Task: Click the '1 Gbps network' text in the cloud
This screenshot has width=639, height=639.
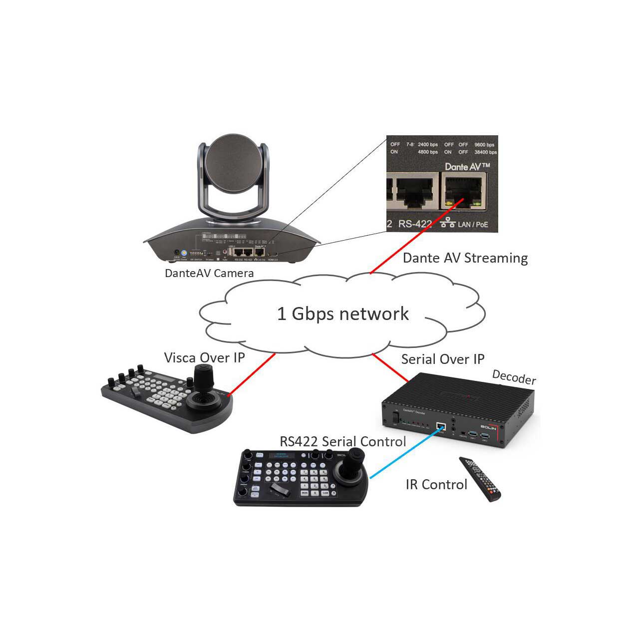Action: pyautogui.click(x=343, y=314)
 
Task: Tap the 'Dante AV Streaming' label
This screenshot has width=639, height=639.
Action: pyautogui.click(x=465, y=258)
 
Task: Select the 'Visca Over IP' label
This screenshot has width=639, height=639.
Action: pyautogui.click(x=204, y=357)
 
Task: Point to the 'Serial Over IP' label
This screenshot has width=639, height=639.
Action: pyautogui.click(x=442, y=359)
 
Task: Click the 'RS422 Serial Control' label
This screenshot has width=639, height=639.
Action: pyautogui.click(x=342, y=441)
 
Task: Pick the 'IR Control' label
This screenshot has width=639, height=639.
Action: pyautogui.click(x=436, y=484)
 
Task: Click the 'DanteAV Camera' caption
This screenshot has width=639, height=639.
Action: pyautogui.click(x=209, y=273)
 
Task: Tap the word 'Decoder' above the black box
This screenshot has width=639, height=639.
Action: pyautogui.click(x=514, y=378)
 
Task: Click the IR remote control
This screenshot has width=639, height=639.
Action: pyautogui.click(x=480, y=478)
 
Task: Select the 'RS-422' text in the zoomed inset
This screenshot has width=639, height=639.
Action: pyautogui.click(x=415, y=224)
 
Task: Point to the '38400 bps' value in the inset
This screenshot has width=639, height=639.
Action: pyautogui.click(x=485, y=152)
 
